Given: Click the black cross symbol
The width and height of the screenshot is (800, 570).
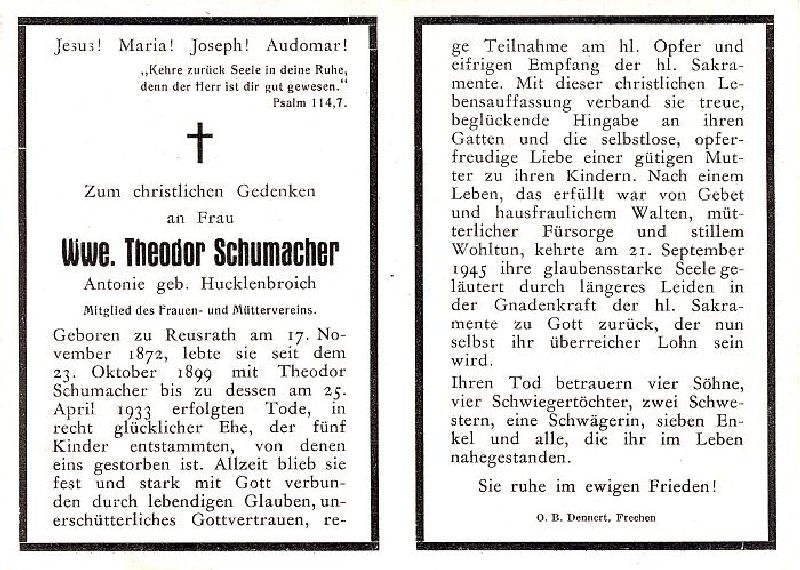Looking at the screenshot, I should [x=200, y=142].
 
